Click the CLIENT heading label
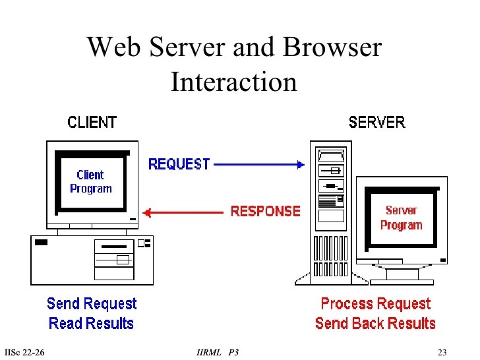pos(92,122)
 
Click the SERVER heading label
pos(376,122)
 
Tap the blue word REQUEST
pos(179,164)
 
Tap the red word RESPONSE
pos(265,212)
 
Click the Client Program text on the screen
pos(91,181)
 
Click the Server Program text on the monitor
pos(401,218)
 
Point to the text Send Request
pos(92,304)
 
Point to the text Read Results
pos(91,324)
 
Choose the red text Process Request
pos(375,304)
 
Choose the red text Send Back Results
pos(375,323)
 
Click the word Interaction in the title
pos(234,82)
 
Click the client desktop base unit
pos(92,260)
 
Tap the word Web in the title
pos(111,47)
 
